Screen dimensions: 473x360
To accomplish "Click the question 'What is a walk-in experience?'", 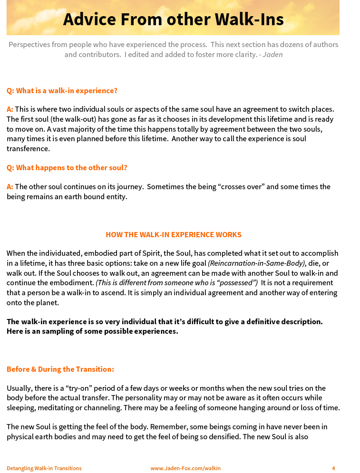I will (x=62, y=90).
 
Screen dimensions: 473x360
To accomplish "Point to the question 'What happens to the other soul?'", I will (x=67, y=167).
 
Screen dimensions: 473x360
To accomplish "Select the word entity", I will (x=116, y=196).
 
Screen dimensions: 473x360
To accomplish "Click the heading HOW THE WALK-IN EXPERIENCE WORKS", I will (x=173, y=235).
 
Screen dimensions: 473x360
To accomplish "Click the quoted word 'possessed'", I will (x=238, y=283).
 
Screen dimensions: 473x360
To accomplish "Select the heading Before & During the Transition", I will (x=60, y=369).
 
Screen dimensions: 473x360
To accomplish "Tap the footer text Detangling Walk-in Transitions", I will (x=44, y=468).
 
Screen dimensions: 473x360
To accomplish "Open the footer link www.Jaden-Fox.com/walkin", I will (x=185, y=468).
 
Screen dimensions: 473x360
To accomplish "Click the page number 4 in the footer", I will (x=333, y=468).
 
